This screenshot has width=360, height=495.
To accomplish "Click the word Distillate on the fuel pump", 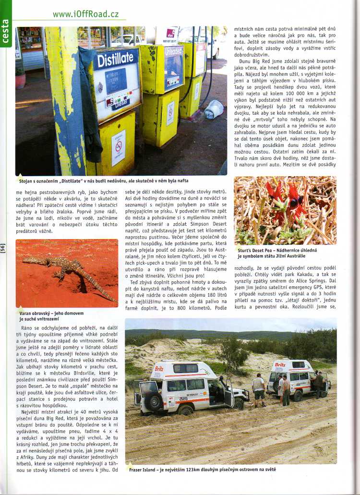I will click(x=115, y=60).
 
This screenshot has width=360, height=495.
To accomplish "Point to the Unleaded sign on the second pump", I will click(x=173, y=51).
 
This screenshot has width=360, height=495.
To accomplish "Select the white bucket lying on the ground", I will click(x=214, y=109).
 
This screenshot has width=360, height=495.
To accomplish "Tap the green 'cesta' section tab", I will click(x=6, y=32).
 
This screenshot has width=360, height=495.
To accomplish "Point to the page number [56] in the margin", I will click(x=3, y=248).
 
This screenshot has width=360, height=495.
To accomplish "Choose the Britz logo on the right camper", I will click(x=280, y=365).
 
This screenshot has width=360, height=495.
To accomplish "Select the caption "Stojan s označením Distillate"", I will click(x=103, y=181).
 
